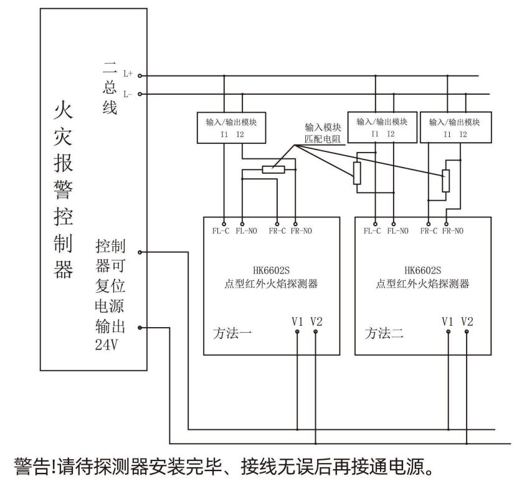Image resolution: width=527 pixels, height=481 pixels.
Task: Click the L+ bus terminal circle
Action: (x=140, y=75)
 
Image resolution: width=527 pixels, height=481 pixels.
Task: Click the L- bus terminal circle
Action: (x=140, y=94)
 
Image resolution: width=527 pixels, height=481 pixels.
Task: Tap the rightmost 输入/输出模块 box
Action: (x=456, y=127)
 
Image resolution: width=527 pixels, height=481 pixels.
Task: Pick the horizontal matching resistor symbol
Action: (x=273, y=169)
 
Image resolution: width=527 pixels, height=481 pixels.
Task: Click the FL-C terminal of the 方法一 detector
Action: (x=224, y=222)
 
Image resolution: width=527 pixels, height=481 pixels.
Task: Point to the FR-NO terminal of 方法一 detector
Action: (x=295, y=222)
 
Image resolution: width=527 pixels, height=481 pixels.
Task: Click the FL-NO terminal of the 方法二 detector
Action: (x=394, y=222)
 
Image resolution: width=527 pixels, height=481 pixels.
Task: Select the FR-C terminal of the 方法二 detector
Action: (x=429, y=222)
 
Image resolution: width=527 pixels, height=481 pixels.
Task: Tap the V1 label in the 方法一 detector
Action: (x=297, y=321)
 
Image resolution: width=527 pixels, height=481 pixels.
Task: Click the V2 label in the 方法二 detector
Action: (x=467, y=321)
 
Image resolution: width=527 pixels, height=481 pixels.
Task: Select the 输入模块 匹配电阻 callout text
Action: (x=323, y=133)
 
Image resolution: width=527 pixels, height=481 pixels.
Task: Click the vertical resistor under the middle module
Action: (x=357, y=173)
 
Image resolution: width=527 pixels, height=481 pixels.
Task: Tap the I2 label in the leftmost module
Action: (x=240, y=135)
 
